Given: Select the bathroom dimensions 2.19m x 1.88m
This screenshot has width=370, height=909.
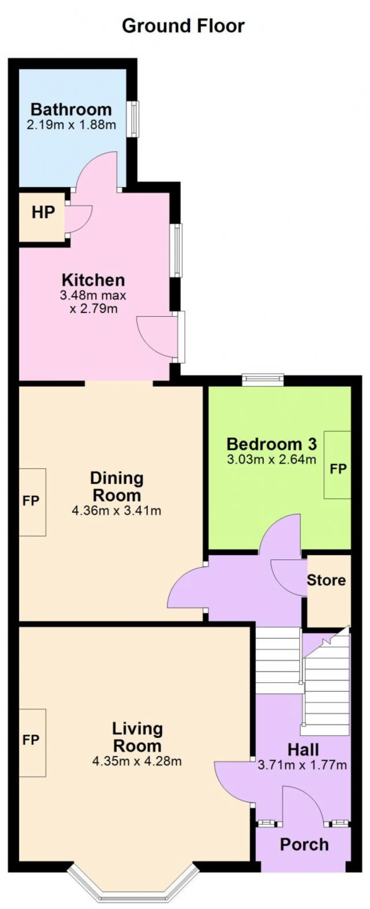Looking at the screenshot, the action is coord(71,125).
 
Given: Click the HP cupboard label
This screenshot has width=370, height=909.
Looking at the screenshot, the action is coord(43,213).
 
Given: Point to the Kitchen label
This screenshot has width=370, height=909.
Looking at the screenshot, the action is coord(93,280).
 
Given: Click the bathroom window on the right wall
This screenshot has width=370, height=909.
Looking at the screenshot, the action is coord(133,119).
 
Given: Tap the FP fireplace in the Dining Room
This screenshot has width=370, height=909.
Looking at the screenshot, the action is coord(32,502).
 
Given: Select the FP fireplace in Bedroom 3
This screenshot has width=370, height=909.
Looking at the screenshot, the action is coord(338,465).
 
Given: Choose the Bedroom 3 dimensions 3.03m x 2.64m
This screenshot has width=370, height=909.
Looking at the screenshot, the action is coord(271,459).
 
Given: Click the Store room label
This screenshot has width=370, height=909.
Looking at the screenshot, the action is coord(326,580).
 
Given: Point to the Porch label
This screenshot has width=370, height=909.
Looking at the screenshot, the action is coord(304,845).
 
